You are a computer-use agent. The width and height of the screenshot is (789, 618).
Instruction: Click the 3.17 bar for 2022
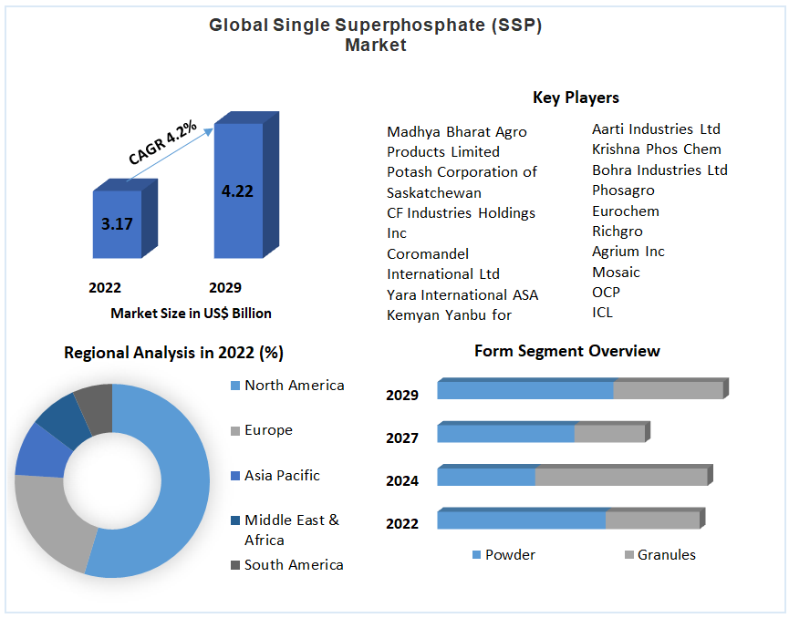[118, 224]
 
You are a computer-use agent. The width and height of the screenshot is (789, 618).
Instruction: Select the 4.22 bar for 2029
[237, 191]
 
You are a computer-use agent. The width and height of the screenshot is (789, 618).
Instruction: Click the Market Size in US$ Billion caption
[191, 314]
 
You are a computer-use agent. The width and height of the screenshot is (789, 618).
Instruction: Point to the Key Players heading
[576, 98]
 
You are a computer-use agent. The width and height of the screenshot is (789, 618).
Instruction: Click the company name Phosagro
[623, 191]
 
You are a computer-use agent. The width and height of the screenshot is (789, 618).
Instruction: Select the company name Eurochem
[625, 211]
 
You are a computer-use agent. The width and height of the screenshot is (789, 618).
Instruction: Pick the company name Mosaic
[616, 273]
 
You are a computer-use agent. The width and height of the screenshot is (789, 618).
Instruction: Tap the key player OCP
[606, 293]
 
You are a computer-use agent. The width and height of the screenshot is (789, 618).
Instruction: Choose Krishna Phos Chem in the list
[656, 149]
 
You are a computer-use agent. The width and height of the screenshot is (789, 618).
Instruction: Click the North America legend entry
[294, 386]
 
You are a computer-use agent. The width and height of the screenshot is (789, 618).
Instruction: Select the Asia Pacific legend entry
[282, 476]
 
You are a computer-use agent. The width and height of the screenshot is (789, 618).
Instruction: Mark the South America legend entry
[293, 565]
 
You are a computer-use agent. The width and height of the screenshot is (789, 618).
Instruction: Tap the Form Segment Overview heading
[566, 351]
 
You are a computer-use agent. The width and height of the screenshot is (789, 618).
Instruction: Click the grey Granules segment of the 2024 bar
[620, 477]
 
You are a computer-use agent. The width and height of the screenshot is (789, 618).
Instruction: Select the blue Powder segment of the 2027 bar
[506, 434]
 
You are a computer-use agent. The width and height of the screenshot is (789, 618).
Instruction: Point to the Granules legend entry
[666, 555]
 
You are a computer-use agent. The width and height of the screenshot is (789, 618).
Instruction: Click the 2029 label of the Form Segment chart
[402, 396]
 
